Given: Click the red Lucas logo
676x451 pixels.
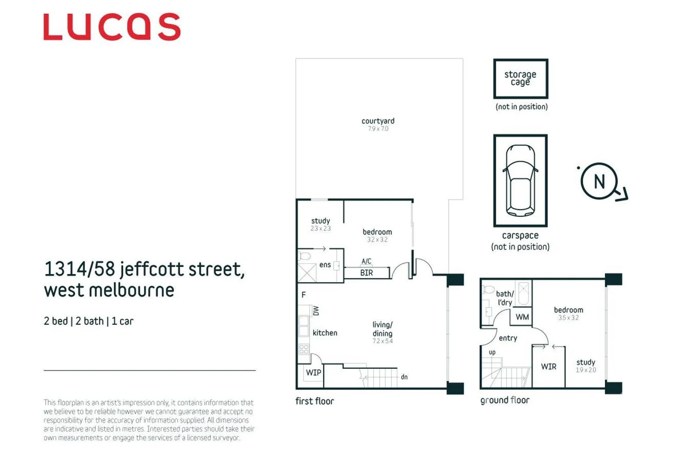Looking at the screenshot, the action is [x=112, y=27].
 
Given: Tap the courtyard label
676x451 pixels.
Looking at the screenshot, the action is [x=378, y=121].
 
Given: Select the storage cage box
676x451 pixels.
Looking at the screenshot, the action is [x=521, y=79].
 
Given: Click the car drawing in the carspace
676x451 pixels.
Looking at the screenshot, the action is [x=520, y=180].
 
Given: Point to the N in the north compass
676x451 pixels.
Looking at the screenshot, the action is [x=599, y=181].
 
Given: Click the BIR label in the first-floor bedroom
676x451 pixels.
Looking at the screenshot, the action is [x=366, y=273].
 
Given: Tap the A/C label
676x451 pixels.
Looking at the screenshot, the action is [x=366, y=261].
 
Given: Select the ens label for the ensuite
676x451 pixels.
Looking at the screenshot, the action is [x=325, y=265].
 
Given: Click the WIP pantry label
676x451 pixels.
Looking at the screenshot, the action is [x=314, y=372].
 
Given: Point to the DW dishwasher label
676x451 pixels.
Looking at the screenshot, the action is [x=316, y=311].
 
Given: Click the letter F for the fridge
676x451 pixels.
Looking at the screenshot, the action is [x=304, y=295].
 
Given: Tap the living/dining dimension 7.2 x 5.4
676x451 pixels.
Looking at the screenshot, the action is [x=382, y=341].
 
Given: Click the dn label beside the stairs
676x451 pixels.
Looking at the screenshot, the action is [x=404, y=377].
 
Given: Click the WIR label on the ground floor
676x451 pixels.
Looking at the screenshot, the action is [x=549, y=367].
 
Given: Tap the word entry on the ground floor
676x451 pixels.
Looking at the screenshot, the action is [x=508, y=338].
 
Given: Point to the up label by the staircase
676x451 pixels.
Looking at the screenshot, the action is [x=492, y=352].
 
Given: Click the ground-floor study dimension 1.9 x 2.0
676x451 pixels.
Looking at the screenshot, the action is [x=586, y=370].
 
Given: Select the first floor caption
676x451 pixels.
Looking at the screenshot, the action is [x=314, y=401].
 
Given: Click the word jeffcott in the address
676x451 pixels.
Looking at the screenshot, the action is [x=152, y=270].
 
